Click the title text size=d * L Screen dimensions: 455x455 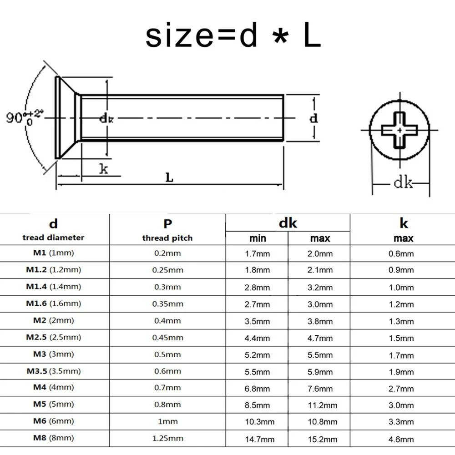tap(233, 36)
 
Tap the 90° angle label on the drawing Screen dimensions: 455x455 tap(25, 117)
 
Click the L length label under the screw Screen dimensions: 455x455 tap(169, 177)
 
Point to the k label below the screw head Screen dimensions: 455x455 tap(104, 169)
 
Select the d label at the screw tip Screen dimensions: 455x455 tap(313, 118)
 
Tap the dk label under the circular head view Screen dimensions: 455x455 tap(403, 183)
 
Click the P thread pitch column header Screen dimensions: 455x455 tap(167, 230)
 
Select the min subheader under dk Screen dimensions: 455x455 tap(258, 238)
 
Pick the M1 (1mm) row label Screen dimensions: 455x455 tap(53, 253)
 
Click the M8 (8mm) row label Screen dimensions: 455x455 tap(53, 438)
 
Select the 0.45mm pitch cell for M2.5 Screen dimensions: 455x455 tap(168, 337)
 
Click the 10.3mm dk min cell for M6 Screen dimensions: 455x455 tap(258, 422)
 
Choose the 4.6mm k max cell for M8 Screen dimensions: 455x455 tap(401, 439)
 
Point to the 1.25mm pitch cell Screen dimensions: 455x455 tap(168, 438)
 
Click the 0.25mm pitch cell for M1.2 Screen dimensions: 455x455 tap(168, 270)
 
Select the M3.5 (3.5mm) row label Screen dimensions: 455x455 tap(53, 371)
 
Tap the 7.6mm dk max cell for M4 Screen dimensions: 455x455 tap(320, 389)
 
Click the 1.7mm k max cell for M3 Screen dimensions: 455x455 tap(401, 355)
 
